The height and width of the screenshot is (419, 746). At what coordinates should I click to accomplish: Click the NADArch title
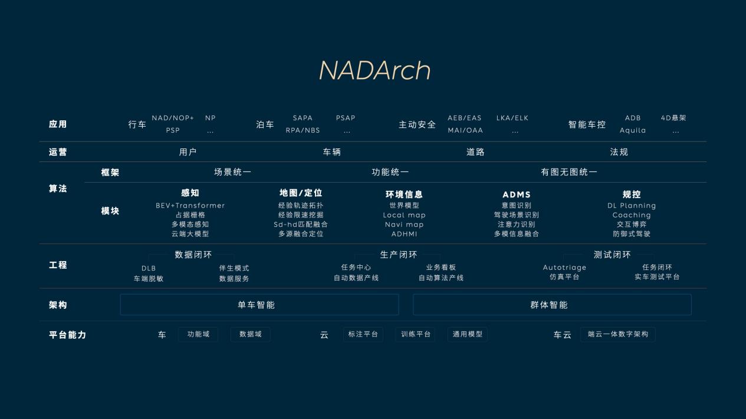coord(374,71)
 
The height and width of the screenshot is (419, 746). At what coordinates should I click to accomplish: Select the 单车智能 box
coord(259,305)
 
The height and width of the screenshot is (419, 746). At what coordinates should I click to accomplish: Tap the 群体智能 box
coord(551,305)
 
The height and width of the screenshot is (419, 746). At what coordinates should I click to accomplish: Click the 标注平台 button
coord(363,334)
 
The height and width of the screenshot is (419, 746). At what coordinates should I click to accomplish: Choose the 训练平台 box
coord(416,334)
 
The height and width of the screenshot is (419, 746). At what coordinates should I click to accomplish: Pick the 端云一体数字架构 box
coord(617,334)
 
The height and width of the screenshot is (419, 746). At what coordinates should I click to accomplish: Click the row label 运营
coord(58,152)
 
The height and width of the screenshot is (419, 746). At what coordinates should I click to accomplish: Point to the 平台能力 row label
coord(67,335)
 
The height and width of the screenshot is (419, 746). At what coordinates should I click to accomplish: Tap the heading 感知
coord(190,193)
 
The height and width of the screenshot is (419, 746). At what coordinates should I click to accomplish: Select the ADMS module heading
coord(517,194)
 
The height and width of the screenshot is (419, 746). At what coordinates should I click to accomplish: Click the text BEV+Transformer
coord(190,206)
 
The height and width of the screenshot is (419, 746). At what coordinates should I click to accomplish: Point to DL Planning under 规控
coord(632,206)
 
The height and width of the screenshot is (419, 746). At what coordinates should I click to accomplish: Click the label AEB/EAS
coord(465,118)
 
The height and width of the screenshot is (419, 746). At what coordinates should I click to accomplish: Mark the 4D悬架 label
coord(673,118)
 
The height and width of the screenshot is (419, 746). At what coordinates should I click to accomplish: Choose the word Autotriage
coord(564,268)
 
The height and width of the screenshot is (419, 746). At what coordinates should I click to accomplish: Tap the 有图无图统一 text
coord(569,172)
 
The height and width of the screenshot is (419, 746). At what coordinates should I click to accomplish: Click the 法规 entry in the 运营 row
coord(619,152)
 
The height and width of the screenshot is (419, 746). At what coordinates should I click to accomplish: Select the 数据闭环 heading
coord(193,255)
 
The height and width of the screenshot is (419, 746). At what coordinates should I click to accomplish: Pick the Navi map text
coord(404,225)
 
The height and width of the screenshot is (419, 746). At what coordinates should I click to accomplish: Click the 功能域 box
coord(198,334)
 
